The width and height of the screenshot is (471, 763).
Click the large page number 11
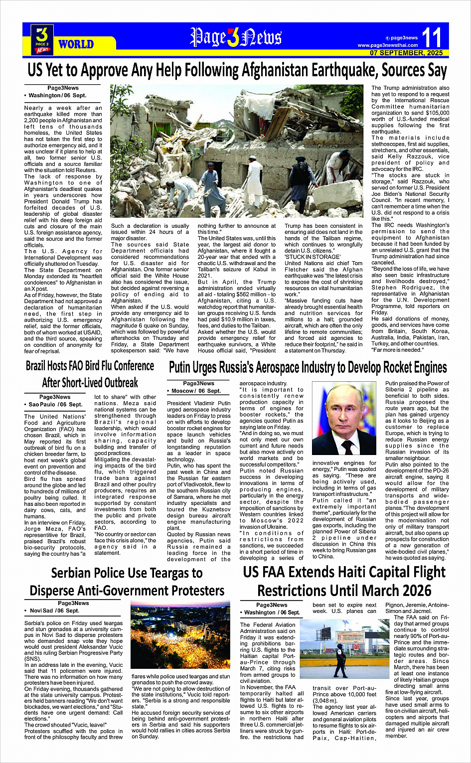coord(431,38)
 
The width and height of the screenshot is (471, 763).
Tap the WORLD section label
coord(76,44)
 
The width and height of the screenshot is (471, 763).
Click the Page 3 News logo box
coord(42,39)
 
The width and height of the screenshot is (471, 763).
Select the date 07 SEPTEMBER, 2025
coord(406,53)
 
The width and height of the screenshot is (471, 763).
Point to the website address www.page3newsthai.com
coord(387,45)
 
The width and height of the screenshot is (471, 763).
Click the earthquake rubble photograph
coord(236,153)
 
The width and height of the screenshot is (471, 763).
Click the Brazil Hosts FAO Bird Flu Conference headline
coord(90,366)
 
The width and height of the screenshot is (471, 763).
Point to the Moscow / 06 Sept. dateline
coord(196,391)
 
